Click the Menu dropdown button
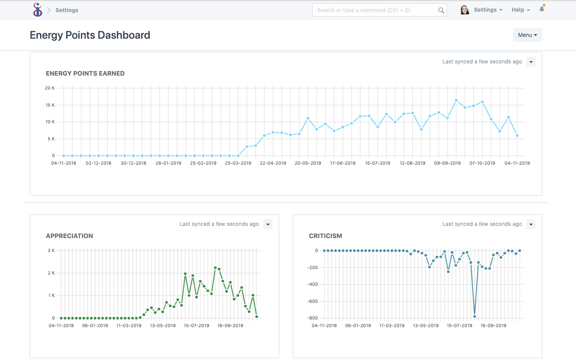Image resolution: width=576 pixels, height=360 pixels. tap(527, 35)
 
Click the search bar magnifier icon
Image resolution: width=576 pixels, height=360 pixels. tap(441, 10)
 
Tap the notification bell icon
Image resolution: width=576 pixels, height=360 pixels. tap(542, 9)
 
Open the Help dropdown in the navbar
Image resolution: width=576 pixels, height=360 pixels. tap(521, 10)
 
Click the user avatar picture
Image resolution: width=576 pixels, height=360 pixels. tap(464, 10)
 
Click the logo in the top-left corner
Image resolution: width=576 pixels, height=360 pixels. tap(38, 9)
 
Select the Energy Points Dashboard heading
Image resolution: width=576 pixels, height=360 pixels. tap(90, 35)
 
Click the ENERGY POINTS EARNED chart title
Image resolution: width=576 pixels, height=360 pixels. tap(85, 73)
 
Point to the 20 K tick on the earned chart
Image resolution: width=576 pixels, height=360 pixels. tap(50, 88)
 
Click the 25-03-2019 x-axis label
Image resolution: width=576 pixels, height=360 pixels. tap(238, 163)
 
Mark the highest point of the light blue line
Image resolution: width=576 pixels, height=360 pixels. tap(456, 100)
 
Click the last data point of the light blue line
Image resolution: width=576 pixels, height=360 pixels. tap(517, 135)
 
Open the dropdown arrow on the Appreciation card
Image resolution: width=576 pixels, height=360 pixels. tap(268, 224)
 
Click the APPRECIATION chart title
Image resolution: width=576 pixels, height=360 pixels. tap(69, 236)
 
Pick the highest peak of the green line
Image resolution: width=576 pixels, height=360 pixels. tap(215, 268)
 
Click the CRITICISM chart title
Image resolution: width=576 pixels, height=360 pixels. tap(325, 236)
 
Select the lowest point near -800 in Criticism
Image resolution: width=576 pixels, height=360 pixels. tap(474, 316)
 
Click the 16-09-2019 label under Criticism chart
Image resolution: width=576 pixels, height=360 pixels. tap(493, 325)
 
